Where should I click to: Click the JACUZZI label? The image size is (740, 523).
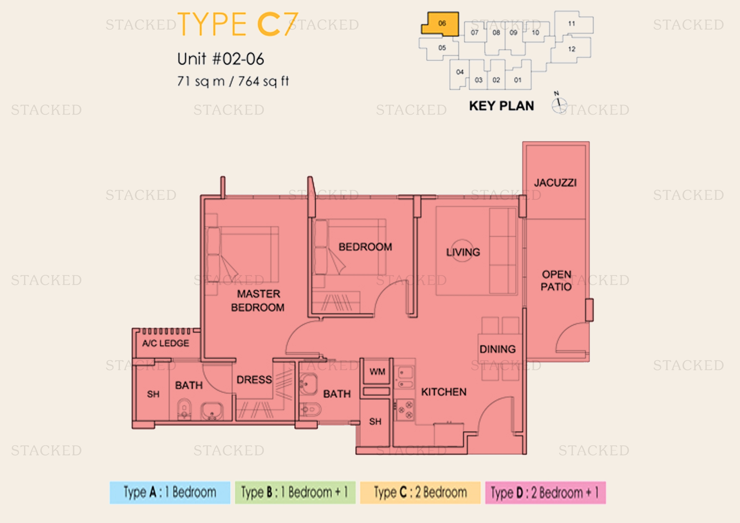point(555,183)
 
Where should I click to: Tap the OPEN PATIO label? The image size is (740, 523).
point(556,280)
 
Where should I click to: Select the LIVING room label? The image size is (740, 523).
point(463,252)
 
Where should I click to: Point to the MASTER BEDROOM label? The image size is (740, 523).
point(258,300)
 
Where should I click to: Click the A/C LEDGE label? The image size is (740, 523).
point(166,343)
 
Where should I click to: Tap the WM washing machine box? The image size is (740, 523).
point(377,372)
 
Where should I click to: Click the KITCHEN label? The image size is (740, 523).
point(444,392)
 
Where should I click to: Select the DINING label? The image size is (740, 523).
point(498,349)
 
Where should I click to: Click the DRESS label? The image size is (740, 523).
point(254,380)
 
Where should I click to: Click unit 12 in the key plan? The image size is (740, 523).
point(571,49)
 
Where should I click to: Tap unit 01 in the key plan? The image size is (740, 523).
point(518,80)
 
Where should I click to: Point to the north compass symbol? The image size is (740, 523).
point(558,103)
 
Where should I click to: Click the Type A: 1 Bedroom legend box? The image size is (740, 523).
point(170,492)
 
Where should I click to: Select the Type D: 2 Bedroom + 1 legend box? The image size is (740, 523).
point(545,492)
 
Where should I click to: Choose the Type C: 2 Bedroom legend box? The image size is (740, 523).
point(420,492)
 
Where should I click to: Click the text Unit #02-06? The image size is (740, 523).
point(221,59)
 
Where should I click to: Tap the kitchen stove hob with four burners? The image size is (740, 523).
point(405,409)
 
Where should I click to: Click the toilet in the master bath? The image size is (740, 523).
point(184,409)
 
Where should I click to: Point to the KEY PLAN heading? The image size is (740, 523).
point(501,106)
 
